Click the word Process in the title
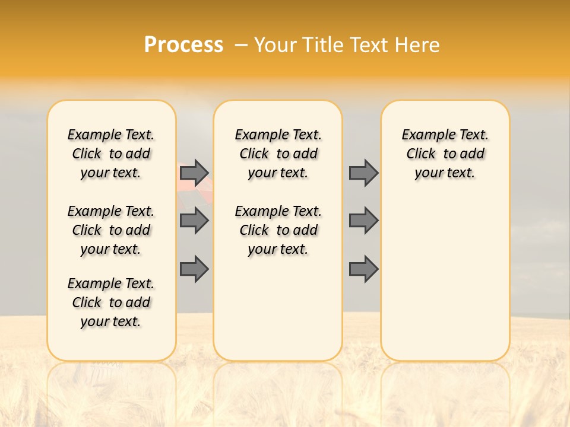pyautogui.click(x=183, y=45)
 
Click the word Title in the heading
pyautogui.click(x=324, y=45)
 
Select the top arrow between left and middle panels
pyautogui.click(x=194, y=173)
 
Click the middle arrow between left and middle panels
pyautogui.click(x=194, y=221)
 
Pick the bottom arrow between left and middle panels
pyautogui.click(x=194, y=269)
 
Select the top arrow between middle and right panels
pyautogui.click(x=363, y=173)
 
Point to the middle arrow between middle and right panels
pyautogui.click(x=363, y=221)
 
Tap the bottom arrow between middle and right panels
pyautogui.click(x=363, y=269)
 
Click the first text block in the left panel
pyautogui.click(x=111, y=154)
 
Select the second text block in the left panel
pyautogui.click(x=111, y=230)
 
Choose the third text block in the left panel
pyautogui.click(x=111, y=302)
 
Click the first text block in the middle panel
pyautogui.click(x=278, y=154)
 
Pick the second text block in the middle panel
pyautogui.click(x=278, y=230)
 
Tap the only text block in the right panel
pyautogui.click(x=445, y=154)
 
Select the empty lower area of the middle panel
pyautogui.click(x=278, y=308)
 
